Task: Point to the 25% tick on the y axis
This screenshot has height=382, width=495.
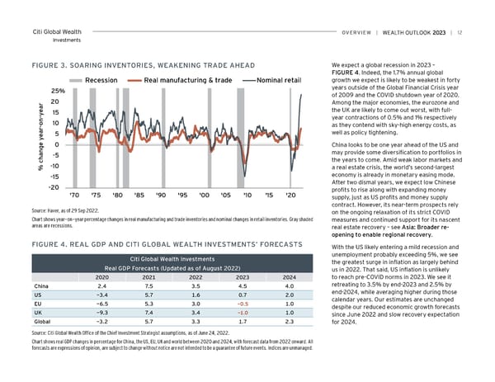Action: [59, 91]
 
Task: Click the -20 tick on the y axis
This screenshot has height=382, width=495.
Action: [59, 187]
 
